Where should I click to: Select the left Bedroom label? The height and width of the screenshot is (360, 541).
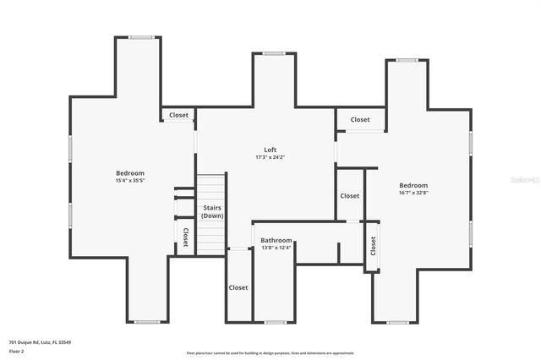130,172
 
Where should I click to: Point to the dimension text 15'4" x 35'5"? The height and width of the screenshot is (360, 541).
130,180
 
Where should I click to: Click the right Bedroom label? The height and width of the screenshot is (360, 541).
413,185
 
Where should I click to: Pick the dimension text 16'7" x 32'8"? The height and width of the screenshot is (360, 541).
413,193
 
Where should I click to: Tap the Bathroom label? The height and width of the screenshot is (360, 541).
276,240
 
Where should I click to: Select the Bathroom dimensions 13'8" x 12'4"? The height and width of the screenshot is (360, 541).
276,248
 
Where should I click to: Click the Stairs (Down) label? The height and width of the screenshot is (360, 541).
212,211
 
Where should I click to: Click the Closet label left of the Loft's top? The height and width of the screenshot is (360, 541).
179,115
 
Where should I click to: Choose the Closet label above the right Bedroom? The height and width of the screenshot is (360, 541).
360,120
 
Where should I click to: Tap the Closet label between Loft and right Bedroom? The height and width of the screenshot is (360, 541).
349,195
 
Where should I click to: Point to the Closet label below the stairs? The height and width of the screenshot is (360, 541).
238,287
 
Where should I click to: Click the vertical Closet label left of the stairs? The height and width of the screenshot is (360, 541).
185,237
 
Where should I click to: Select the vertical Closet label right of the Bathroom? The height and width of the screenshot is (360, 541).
372,246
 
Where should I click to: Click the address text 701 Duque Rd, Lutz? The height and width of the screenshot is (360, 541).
40,342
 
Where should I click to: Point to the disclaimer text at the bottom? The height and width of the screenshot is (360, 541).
270,353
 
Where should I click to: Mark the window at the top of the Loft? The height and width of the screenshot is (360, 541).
273,53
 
